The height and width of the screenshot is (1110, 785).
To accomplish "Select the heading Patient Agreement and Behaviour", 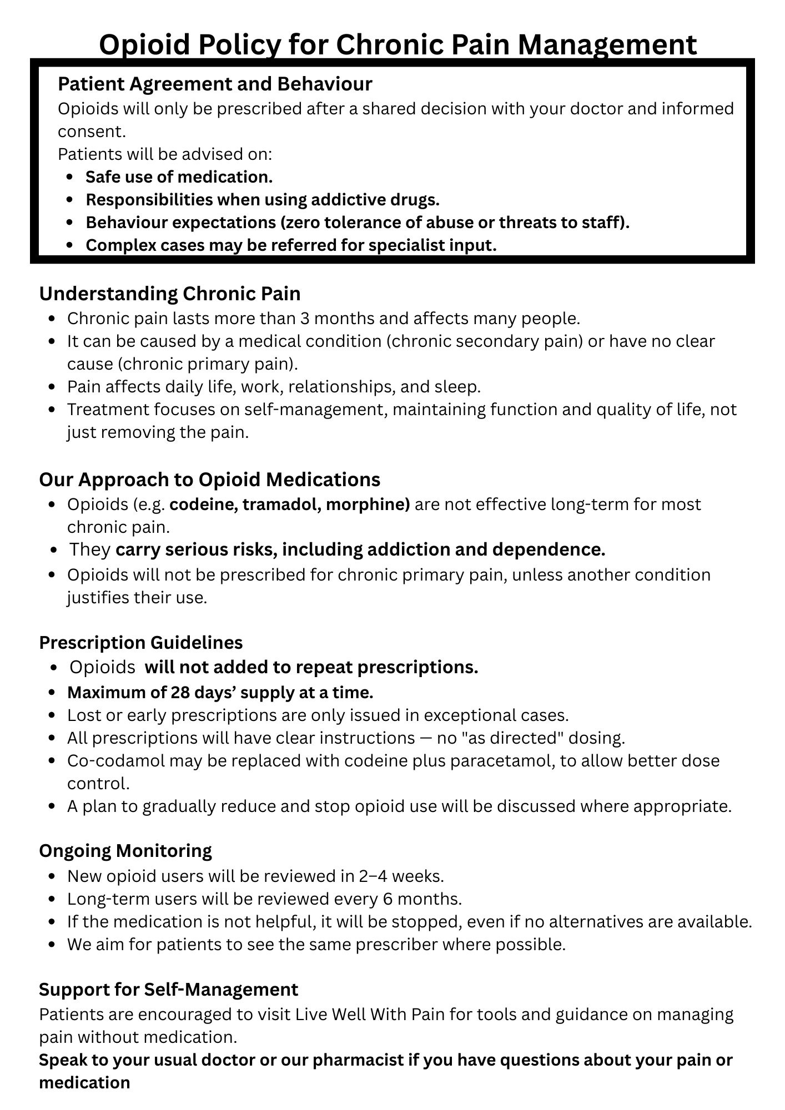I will click(x=215, y=84).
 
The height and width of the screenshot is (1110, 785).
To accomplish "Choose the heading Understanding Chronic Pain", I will click(x=169, y=293).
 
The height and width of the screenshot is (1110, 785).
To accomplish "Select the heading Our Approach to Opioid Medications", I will click(x=209, y=479).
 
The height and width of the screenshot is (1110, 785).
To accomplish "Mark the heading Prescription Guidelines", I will click(x=141, y=642).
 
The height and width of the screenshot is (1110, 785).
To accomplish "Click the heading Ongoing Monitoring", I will click(x=125, y=850).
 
